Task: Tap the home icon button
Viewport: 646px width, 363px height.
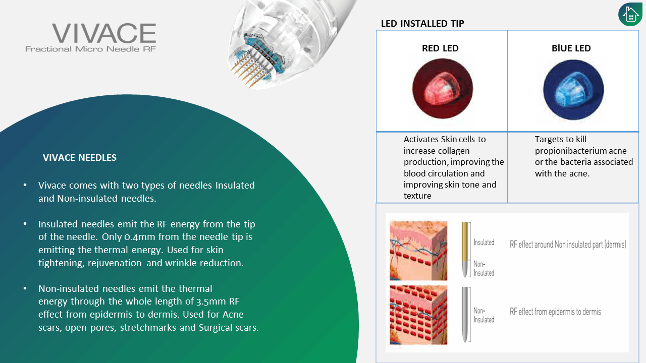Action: [x=630, y=15]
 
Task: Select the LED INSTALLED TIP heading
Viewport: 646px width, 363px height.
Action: [x=422, y=24]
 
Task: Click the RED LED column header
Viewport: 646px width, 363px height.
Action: [x=440, y=48]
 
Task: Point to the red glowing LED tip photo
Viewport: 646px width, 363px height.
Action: [x=443, y=88]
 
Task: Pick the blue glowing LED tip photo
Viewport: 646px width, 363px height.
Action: [x=573, y=90]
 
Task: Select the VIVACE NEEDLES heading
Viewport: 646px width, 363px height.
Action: [x=80, y=158]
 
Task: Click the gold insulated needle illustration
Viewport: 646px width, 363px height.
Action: [x=465, y=250]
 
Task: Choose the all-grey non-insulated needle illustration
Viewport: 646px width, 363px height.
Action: [x=465, y=315]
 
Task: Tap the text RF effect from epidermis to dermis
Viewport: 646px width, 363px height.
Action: [x=555, y=312]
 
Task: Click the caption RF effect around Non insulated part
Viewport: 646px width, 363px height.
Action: [x=568, y=245]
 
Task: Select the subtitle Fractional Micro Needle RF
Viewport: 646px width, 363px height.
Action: [x=90, y=49]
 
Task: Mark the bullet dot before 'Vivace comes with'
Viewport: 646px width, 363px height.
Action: [x=25, y=185]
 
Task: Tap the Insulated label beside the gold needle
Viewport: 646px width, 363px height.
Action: [x=483, y=243]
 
